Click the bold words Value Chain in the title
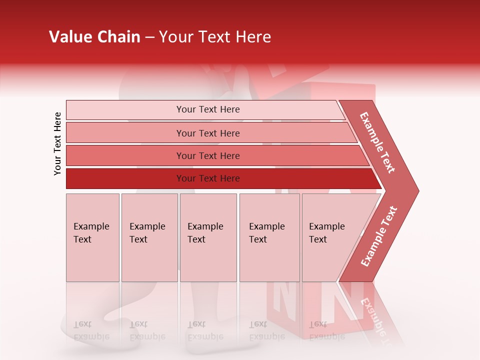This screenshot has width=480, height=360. (94, 37)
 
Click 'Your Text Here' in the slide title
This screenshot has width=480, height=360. (215, 37)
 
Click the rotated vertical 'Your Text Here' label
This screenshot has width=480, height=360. (57, 143)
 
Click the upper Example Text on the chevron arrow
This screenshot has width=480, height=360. (377, 142)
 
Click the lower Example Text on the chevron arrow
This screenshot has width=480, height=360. (379, 236)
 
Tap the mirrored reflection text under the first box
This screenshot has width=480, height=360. (91, 330)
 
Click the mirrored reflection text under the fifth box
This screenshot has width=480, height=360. (326, 330)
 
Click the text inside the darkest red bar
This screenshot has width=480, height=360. (208, 178)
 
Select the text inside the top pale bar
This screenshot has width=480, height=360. (208, 109)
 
